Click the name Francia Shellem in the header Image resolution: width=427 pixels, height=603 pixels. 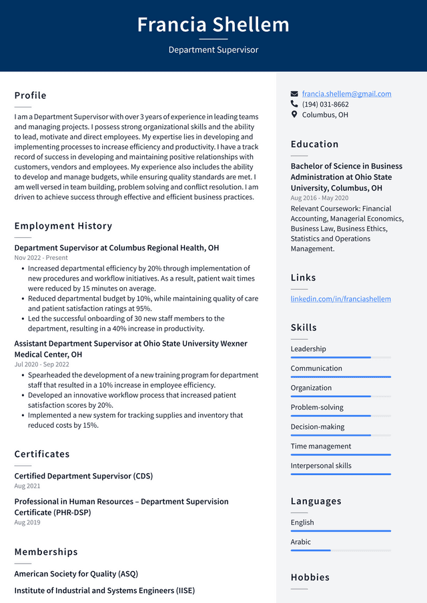[x=213, y=25]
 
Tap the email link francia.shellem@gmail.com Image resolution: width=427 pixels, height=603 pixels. [x=346, y=94]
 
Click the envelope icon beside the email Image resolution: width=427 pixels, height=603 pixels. [x=294, y=94]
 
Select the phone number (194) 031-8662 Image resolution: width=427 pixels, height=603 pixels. [x=325, y=105]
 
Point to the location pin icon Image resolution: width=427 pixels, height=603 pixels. [x=294, y=115]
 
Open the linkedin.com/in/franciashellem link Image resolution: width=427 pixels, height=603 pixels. [x=340, y=299]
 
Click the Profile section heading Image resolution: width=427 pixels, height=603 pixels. [x=31, y=95]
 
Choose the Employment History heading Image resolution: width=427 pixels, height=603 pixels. [x=63, y=226]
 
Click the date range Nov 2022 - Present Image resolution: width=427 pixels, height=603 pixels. [x=41, y=258]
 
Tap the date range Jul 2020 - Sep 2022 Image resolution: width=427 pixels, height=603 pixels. [x=41, y=364]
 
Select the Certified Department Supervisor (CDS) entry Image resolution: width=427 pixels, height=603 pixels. [x=83, y=476]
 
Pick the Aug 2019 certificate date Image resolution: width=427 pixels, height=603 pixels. [x=27, y=522]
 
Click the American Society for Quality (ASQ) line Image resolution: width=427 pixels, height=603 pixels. [x=76, y=574]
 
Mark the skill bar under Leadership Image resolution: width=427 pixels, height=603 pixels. [x=340, y=358]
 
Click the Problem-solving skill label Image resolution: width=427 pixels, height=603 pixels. [x=317, y=407]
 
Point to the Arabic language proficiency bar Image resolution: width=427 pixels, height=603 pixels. [x=340, y=550]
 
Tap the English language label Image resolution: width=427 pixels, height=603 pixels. [x=302, y=522]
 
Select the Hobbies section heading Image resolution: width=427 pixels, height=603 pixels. [x=310, y=577]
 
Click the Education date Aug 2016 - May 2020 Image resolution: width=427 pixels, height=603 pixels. [x=320, y=198]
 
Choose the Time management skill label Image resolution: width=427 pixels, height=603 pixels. [x=320, y=446]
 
